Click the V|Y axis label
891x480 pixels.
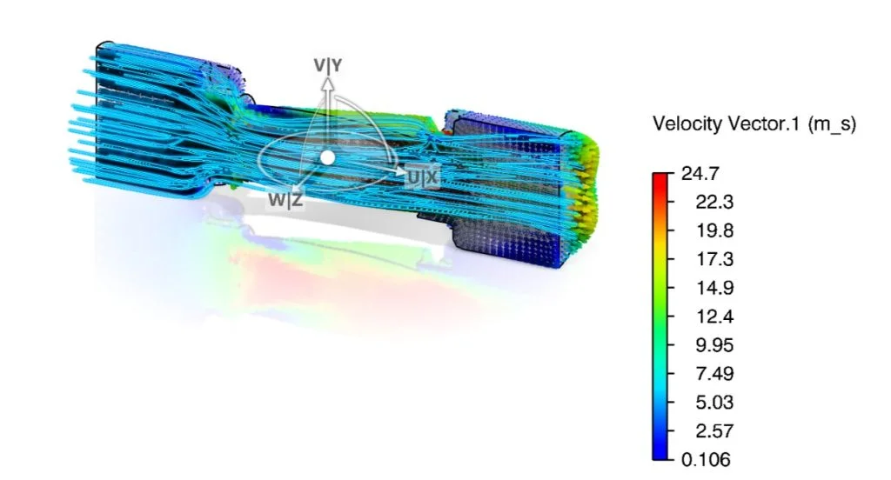pyautogui.click(x=328, y=65)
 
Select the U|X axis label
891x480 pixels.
pyautogui.click(x=424, y=177)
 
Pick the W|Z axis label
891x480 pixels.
pyautogui.click(x=285, y=200)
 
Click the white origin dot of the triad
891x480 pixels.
pyautogui.click(x=327, y=157)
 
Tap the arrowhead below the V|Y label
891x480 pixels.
pyautogui.click(x=328, y=83)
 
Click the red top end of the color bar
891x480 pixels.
pyautogui.click(x=659, y=177)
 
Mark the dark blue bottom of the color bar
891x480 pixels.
pyautogui.click(x=659, y=454)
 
